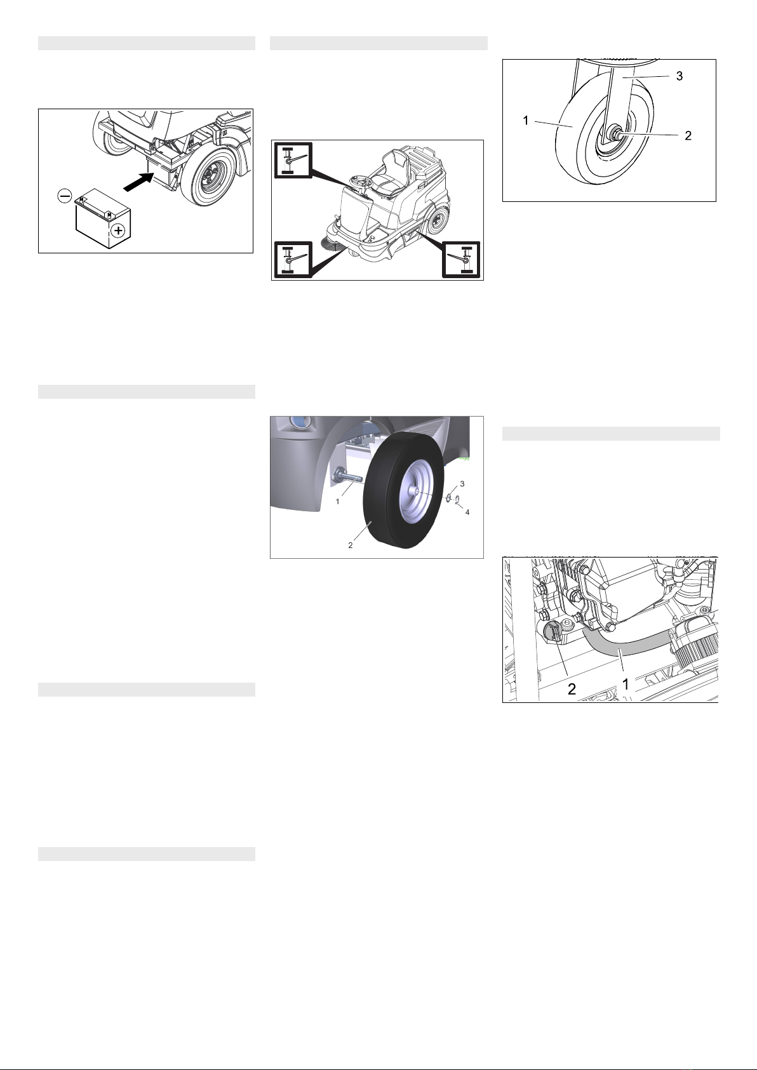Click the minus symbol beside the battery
(65, 196)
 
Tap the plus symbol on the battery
(117, 231)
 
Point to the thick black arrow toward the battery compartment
(139, 182)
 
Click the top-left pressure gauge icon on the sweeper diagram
(293, 161)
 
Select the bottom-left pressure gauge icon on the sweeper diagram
(293, 259)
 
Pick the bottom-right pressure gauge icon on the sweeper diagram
(461, 259)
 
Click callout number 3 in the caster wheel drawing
(680, 76)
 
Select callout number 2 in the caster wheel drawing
(688, 136)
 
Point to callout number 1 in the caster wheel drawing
(526, 121)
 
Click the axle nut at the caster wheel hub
(615, 132)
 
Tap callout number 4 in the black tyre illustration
(467, 512)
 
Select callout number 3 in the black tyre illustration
(462, 484)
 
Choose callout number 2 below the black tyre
(350, 545)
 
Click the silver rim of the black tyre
(415, 492)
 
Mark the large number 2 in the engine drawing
(571, 689)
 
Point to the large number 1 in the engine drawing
(625, 685)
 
